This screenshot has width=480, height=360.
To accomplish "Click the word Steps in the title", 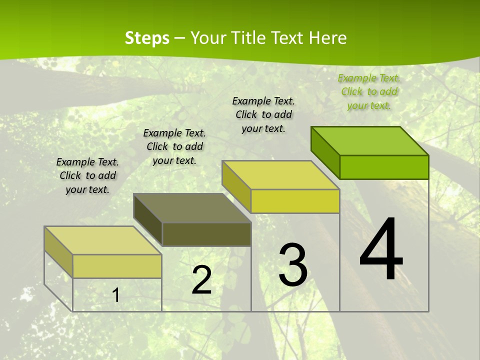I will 147,38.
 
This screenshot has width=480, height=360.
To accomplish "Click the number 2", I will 201,280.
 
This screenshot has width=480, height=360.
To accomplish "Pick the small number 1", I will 116,295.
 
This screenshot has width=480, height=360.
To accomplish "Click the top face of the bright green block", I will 370,141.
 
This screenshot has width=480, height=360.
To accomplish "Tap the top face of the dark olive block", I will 192,208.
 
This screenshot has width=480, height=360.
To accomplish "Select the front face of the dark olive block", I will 206,234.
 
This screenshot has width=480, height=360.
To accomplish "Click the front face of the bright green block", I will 384,167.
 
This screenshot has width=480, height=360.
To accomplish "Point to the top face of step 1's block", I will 103,240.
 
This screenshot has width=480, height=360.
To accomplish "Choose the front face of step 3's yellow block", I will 295,201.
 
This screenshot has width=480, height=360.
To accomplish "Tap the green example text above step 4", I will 369,91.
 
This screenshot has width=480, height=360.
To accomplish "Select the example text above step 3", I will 263,114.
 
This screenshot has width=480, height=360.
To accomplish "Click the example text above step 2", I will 174,146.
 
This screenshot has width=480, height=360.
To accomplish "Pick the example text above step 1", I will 87,175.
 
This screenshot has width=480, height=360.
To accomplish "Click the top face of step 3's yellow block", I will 281,175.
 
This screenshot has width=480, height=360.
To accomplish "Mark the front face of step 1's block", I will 117,266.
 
